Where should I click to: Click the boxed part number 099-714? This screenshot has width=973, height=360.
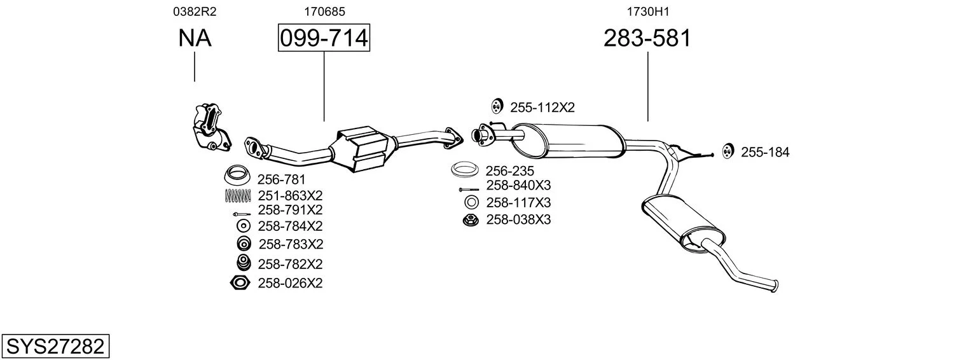click(324, 38)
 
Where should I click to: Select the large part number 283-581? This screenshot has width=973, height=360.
click(647, 38)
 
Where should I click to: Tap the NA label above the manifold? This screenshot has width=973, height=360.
click(195, 38)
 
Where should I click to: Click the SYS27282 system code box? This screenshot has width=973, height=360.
click(55, 346)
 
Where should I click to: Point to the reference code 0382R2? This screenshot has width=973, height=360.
click(195, 11)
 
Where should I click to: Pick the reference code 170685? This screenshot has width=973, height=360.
click(324, 11)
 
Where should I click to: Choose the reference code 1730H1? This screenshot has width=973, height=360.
click(647, 11)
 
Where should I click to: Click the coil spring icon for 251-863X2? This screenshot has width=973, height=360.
click(238, 197)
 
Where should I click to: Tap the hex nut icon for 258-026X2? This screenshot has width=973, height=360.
click(240, 283)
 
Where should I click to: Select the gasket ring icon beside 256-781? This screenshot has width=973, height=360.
click(237, 174)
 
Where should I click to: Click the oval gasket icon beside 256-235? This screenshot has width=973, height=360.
click(465, 169)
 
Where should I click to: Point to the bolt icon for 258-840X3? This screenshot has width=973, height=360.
click(469, 190)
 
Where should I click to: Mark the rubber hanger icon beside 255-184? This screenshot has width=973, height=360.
click(728, 151)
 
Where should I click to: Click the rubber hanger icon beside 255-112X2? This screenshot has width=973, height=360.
click(497, 106)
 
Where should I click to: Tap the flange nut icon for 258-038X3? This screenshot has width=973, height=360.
click(471, 220)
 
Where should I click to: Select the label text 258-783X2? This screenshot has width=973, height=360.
click(291, 244)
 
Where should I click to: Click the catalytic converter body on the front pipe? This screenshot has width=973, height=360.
click(362, 149)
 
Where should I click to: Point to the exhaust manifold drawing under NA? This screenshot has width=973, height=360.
click(211, 127)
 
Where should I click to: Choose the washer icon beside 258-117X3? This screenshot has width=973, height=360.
click(471, 202)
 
